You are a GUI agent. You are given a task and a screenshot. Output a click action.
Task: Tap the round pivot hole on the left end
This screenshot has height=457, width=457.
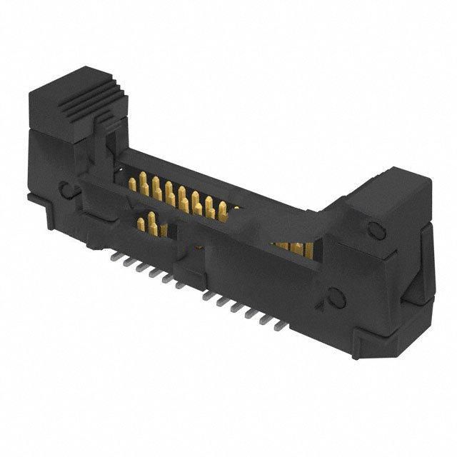66,190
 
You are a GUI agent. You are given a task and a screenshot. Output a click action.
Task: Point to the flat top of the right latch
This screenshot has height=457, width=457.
389,187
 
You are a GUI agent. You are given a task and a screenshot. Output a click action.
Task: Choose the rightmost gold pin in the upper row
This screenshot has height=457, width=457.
223,210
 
